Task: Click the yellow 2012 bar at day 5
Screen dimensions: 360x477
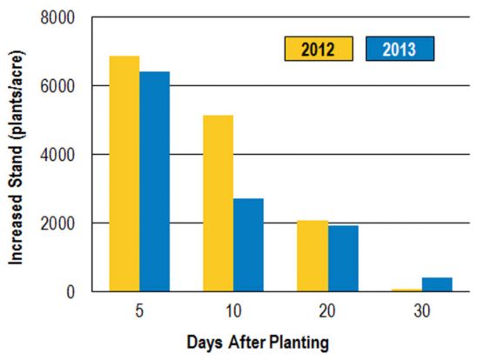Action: pos(124,174)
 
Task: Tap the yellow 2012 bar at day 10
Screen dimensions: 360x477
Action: pos(218,203)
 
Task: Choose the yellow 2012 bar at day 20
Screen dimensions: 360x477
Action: pos(312,256)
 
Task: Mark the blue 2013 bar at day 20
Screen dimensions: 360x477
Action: pos(342,258)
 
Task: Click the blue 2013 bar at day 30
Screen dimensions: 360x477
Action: pos(436,284)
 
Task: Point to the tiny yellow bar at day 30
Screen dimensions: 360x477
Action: pos(406,290)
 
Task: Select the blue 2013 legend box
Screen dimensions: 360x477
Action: pos(399,49)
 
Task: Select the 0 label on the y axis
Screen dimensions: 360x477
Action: pos(70,292)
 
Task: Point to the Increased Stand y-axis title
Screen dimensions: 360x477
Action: pos(17,152)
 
